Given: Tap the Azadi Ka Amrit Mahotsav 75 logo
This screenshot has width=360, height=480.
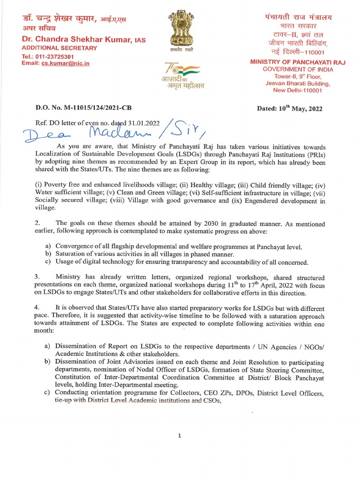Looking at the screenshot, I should (180, 75).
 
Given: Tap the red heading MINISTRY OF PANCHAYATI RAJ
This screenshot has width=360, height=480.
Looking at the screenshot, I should (296, 61).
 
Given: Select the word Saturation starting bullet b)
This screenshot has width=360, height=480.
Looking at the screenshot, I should (73, 254).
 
